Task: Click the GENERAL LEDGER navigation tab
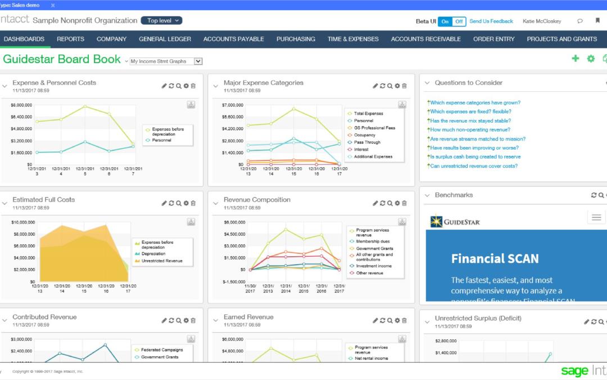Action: (165, 39)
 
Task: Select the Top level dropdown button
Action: (161, 21)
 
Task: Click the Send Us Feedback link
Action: (491, 21)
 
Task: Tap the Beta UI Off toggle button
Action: (459, 21)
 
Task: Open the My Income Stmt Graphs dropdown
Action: (166, 61)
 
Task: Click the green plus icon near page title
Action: (575, 59)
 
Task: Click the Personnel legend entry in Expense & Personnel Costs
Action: (161, 140)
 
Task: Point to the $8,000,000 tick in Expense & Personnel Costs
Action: (21, 105)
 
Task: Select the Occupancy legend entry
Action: (365, 135)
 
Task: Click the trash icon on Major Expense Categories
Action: (404, 86)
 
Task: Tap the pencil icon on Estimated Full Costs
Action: (164, 203)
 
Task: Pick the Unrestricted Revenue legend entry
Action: (161, 261)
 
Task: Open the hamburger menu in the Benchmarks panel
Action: (596, 217)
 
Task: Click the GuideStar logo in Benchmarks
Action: (455, 222)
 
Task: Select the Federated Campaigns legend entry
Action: (161, 350)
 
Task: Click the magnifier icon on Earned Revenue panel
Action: (389, 320)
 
